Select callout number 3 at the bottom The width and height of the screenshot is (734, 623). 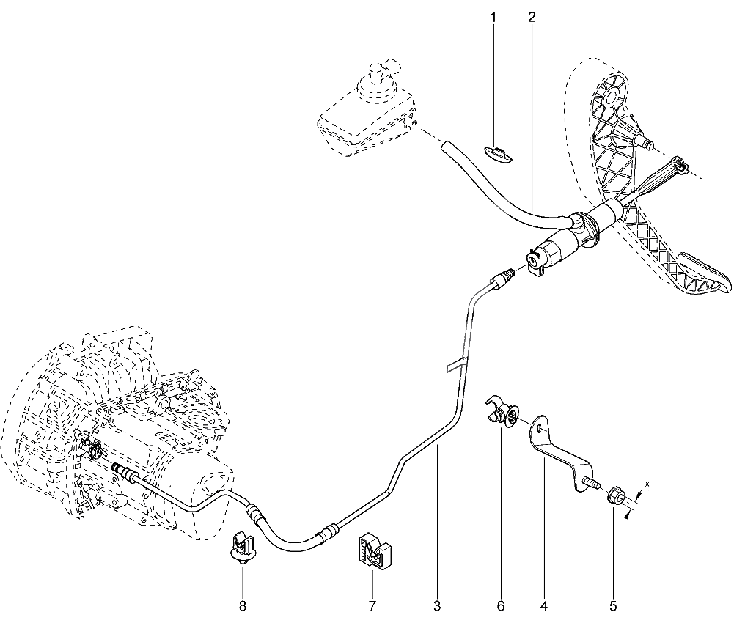pyautogui.click(x=437, y=606)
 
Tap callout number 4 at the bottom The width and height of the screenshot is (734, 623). pyautogui.click(x=543, y=606)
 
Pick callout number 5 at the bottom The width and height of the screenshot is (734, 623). pyautogui.click(x=613, y=606)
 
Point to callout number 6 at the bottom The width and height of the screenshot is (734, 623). pyautogui.click(x=501, y=606)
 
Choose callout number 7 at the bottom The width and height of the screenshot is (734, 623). pyautogui.click(x=372, y=606)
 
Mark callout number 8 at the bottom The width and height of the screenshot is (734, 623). pyautogui.click(x=243, y=606)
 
